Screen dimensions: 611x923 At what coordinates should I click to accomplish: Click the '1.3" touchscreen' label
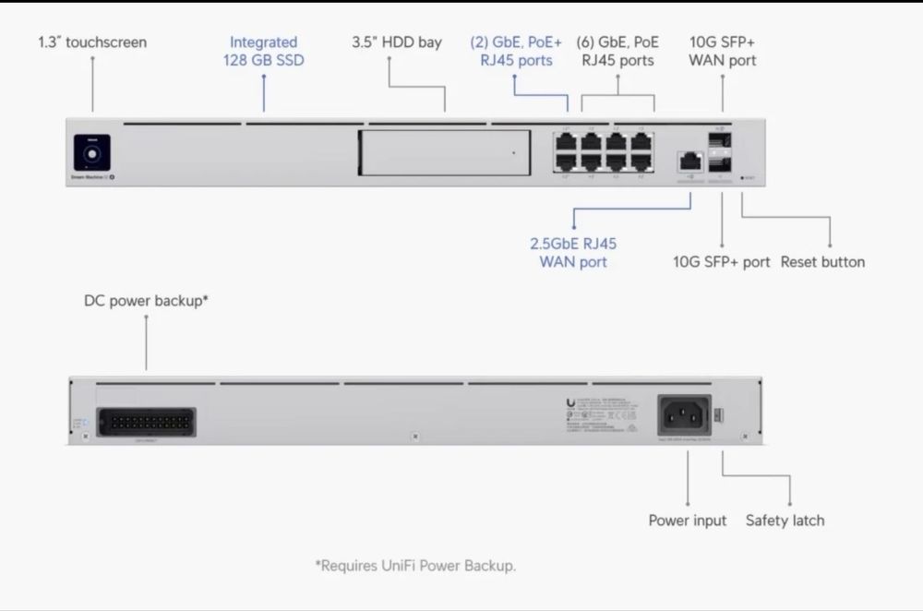coord(92,42)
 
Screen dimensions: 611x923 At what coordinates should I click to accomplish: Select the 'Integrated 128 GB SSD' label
coord(263,52)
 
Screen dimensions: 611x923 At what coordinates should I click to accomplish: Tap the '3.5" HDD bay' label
coord(397,42)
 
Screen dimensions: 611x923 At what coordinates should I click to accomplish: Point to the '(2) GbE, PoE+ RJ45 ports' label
coord(516,52)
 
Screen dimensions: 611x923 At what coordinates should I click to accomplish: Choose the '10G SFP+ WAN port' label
coord(723,52)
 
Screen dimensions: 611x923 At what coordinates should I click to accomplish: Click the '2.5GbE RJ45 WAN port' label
coord(573,253)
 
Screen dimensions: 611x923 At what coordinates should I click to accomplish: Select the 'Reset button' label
coord(822,262)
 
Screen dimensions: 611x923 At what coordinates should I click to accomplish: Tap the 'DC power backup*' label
coord(146,301)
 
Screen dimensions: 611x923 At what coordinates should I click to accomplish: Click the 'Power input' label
coord(688,521)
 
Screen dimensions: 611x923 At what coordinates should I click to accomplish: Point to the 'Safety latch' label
coord(785,521)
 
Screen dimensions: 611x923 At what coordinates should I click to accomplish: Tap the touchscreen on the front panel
coord(91,153)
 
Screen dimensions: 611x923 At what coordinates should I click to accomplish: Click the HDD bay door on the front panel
coord(444,152)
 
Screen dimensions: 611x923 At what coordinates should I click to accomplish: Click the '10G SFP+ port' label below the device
coord(721,262)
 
